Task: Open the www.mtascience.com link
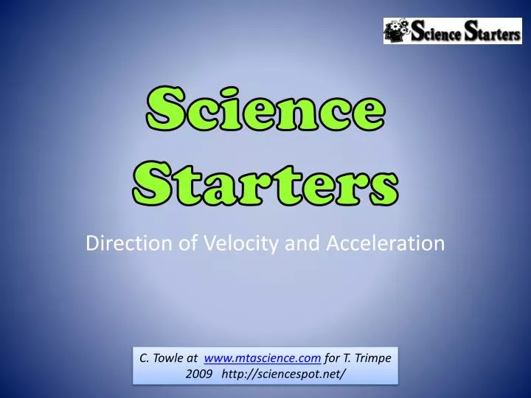(262, 357)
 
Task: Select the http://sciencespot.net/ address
(283, 374)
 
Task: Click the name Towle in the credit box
(168, 357)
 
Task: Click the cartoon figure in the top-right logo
(395, 30)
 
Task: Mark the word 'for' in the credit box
(332, 357)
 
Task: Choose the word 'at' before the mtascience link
(192, 357)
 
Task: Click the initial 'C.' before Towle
(145, 357)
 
